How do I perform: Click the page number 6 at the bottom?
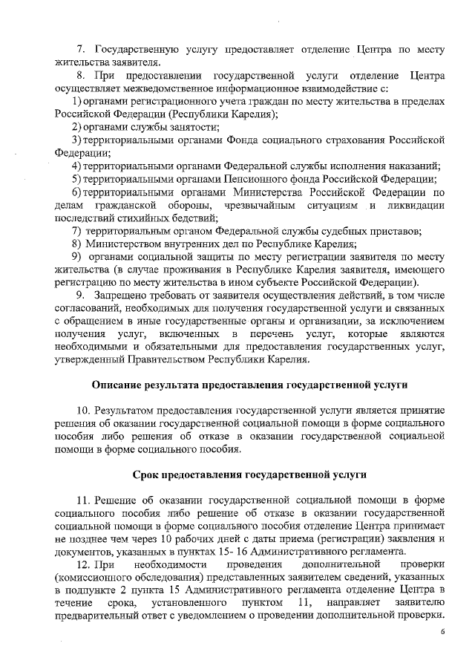coord(442,632)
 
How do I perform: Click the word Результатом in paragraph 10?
coord(132,410)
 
